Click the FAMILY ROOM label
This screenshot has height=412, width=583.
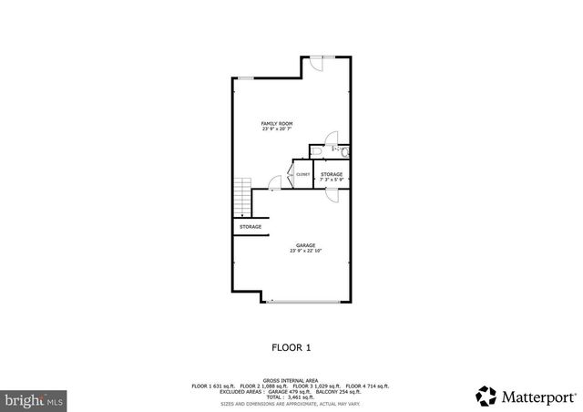[x=277, y=123]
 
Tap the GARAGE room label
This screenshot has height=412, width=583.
[x=304, y=244]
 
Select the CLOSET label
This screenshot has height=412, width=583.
[x=302, y=174]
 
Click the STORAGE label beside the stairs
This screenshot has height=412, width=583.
[x=251, y=226]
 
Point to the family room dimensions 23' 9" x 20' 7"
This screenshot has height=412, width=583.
[x=277, y=129]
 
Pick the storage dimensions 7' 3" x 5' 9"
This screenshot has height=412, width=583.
[x=332, y=180]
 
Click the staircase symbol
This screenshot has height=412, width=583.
[x=242, y=194]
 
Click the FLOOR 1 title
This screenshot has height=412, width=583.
[x=291, y=347]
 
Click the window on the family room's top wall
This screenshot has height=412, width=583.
[x=246, y=78]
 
